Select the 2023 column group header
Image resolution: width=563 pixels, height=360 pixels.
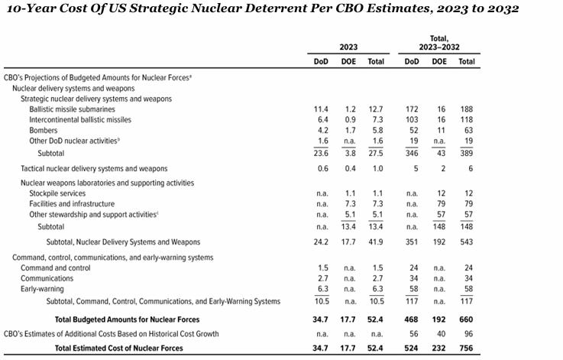[348, 46]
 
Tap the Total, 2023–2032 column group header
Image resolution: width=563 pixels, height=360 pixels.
[438, 42]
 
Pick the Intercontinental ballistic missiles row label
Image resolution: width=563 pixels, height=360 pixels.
[80, 120]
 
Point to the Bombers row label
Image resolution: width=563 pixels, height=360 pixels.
[43, 131]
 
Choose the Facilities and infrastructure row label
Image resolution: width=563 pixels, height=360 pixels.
[72, 204]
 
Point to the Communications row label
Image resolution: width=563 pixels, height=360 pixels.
[47, 279]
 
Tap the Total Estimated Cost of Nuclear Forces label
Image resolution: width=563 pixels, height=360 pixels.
[118, 348]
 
